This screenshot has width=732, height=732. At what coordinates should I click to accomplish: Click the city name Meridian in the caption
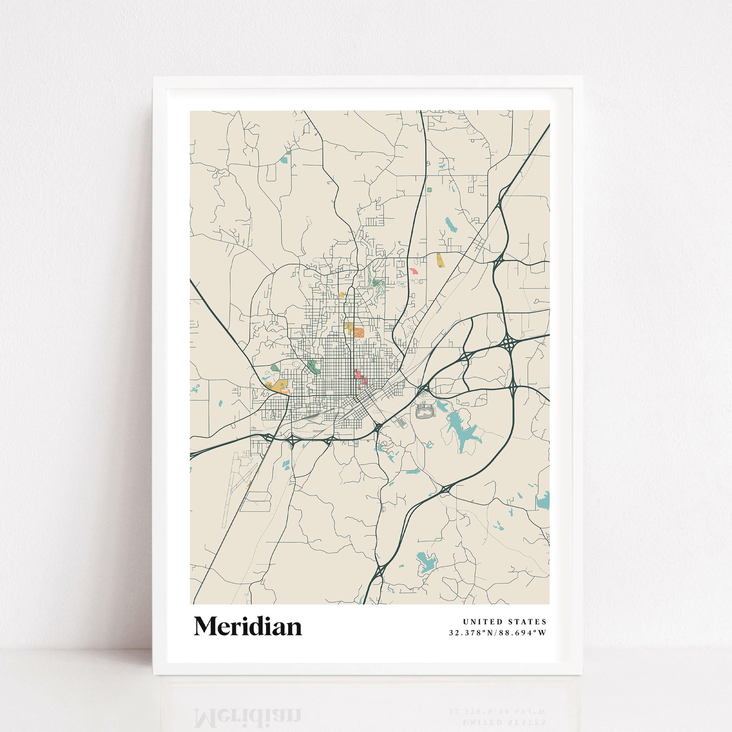(x=248, y=627)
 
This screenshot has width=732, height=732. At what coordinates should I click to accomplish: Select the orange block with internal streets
(x=358, y=333)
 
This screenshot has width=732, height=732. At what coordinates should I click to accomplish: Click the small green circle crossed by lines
(x=429, y=189)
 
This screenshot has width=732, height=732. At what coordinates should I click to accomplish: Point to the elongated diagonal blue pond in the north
(x=451, y=225)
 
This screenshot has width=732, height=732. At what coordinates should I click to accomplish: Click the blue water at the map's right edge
(x=543, y=501)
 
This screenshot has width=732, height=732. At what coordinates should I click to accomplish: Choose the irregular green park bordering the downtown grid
(x=314, y=366)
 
